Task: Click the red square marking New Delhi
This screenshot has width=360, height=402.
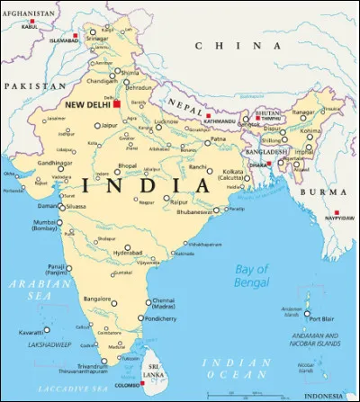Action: click(117, 104)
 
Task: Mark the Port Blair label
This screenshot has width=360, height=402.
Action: click(321, 317)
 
